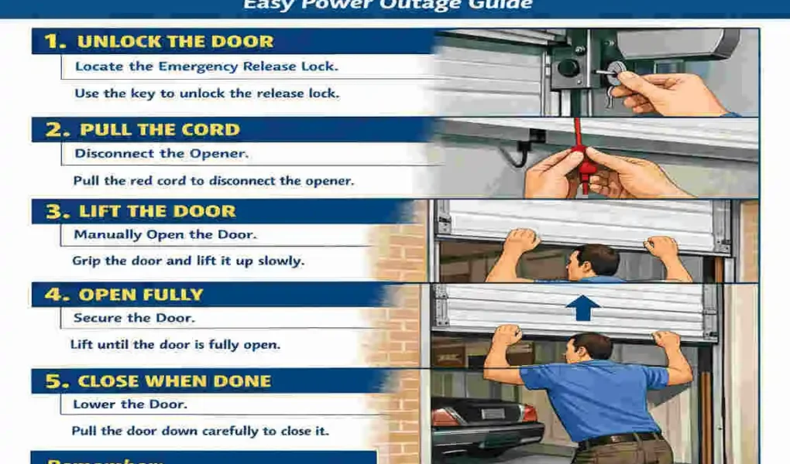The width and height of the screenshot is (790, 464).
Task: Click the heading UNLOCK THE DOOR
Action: click(x=175, y=42)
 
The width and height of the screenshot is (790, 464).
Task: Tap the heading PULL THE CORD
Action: click(x=160, y=130)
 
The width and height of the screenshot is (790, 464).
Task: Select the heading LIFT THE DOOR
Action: click(x=157, y=212)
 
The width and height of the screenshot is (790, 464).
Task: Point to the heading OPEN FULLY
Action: click(x=141, y=295)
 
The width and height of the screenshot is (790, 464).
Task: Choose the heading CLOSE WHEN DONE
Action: click(x=174, y=381)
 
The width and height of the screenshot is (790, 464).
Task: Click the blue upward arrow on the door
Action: click(x=582, y=308)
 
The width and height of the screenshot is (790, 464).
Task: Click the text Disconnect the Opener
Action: click(x=161, y=153)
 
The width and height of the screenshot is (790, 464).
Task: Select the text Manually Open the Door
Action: click(x=164, y=234)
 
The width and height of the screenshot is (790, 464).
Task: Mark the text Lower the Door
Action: click(x=130, y=404)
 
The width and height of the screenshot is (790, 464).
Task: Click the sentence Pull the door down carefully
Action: click(x=200, y=431)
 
